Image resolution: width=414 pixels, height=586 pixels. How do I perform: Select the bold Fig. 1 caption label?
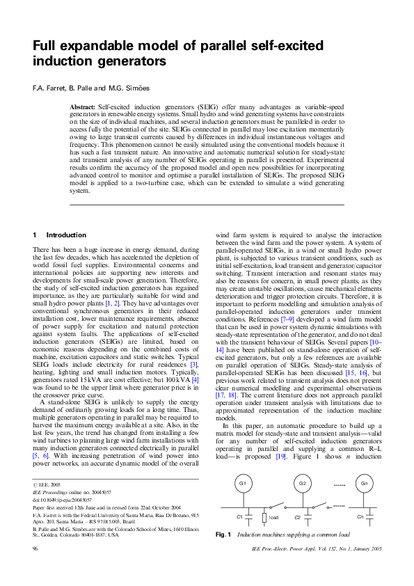[x=223, y=554]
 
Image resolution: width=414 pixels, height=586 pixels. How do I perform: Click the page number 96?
[x=35, y=569]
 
